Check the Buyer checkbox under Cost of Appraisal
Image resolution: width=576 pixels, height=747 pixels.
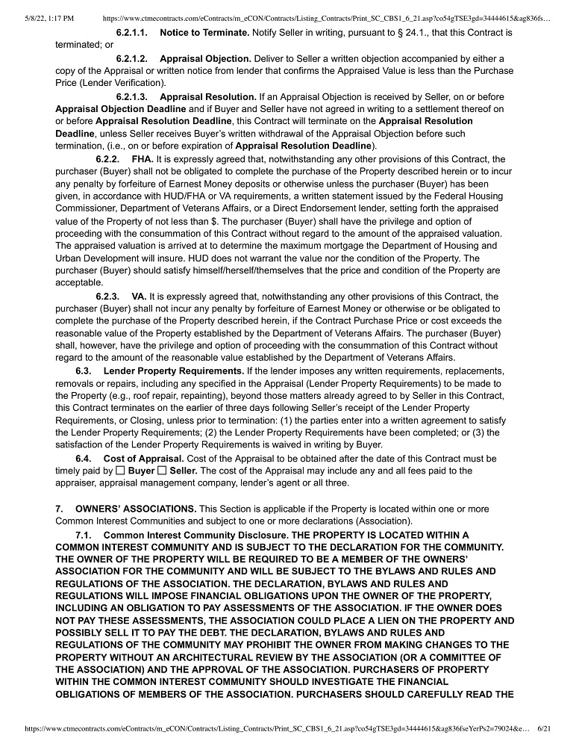coord(120,471)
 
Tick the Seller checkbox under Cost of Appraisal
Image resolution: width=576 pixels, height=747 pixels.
coord(162,471)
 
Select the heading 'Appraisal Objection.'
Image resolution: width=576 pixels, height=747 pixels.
coord(205,58)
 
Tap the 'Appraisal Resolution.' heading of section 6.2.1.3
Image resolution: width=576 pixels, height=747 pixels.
coord(207,97)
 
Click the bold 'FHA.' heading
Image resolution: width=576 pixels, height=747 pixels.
coord(143,160)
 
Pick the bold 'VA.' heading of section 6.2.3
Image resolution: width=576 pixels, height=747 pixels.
coord(139,297)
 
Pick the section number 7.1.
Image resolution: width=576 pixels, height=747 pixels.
coord(84,536)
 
